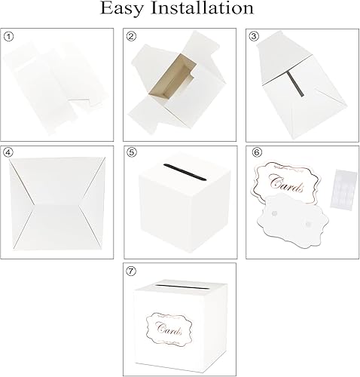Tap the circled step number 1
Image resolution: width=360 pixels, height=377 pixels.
(8, 36)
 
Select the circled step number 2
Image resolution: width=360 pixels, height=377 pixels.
(131, 36)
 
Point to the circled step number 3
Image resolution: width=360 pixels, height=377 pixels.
(252, 36)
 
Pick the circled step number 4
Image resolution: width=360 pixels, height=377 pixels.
(8, 152)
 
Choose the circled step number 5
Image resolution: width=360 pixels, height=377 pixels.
(131, 152)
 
